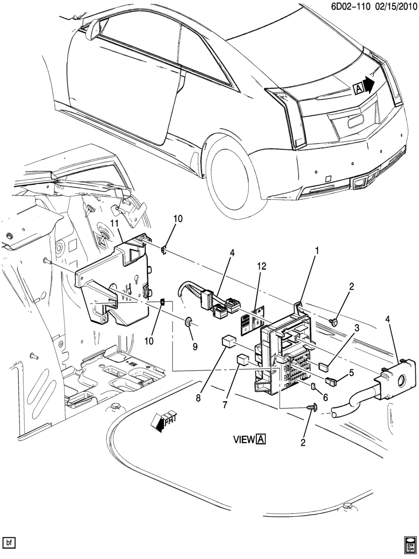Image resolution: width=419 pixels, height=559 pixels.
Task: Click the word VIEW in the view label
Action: click(244, 439)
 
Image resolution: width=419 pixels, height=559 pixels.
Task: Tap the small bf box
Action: click(9, 543)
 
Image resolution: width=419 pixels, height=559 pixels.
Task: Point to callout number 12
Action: click(261, 266)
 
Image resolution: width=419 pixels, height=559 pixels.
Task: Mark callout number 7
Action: click(225, 405)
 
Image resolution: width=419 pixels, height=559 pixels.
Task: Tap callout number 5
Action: click(351, 372)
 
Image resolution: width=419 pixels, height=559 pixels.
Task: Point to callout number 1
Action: click(316, 251)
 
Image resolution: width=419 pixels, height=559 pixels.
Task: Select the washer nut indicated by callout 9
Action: click(188, 321)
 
